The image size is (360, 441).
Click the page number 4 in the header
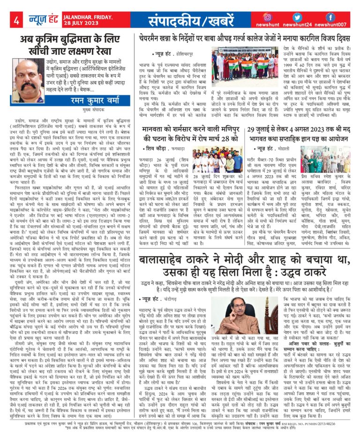click(x=15, y=20)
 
